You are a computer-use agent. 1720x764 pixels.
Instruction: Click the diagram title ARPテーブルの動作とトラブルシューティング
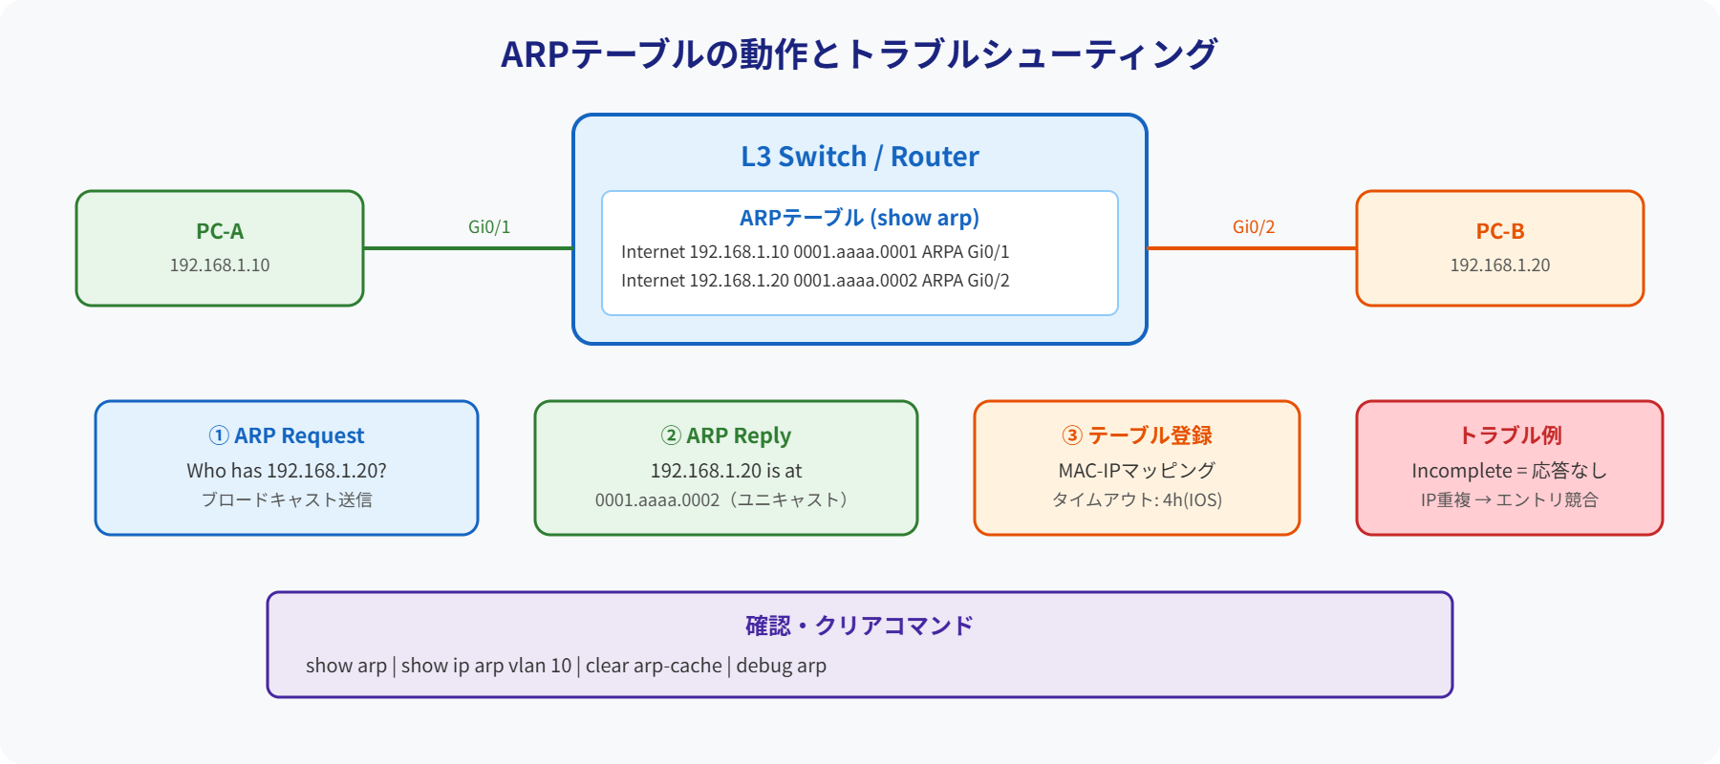pyautogui.click(x=859, y=54)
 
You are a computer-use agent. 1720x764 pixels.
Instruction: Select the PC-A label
pyautogui.click(x=220, y=231)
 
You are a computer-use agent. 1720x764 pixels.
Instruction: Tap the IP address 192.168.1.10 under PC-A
pyautogui.click(x=220, y=265)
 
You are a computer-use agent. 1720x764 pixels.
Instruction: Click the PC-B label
pyautogui.click(x=1499, y=231)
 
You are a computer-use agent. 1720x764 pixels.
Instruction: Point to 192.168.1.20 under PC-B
pyautogui.click(x=1499, y=265)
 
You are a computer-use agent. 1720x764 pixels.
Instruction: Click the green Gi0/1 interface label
pyautogui.click(x=489, y=227)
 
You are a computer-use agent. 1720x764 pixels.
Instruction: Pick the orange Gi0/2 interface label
pyautogui.click(x=1253, y=227)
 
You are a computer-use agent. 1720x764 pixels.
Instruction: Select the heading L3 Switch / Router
pyautogui.click(x=860, y=157)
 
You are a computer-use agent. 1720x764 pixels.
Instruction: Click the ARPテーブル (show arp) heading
pyautogui.click(x=859, y=218)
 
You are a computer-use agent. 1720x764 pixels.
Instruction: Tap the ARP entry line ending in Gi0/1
pyautogui.click(x=815, y=252)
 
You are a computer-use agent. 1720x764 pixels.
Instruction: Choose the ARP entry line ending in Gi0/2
pyautogui.click(x=815, y=281)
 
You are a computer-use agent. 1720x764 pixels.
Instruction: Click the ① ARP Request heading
pyautogui.click(x=287, y=435)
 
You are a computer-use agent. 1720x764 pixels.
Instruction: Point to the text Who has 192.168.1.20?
pyautogui.click(x=287, y=471)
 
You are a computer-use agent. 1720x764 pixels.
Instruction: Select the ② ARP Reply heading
pyautogui.click(x=726, y=435)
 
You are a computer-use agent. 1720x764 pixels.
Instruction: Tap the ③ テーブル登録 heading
pyautogui.click(x=1137, y=435)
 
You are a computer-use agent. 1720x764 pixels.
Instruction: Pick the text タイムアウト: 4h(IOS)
pyautogui.click(x=1137, y=499)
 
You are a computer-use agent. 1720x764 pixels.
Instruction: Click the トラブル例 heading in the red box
pyautogui.click(x=1510, y=435)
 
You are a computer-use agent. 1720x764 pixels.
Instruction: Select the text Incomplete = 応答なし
pyautogui.click(x=1510, y=471)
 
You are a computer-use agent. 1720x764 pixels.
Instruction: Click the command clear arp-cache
pyautogui.click(x=654, y=666)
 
